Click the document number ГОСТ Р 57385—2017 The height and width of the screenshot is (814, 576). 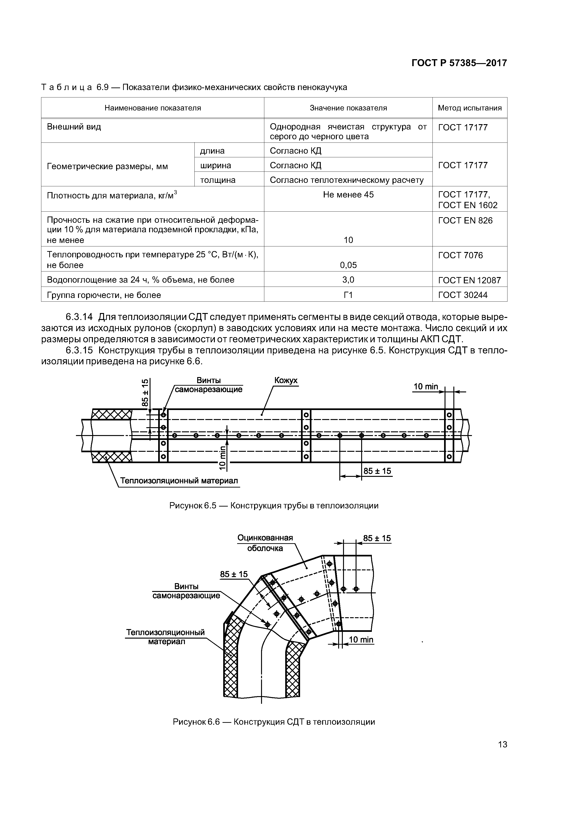tap(459, 63)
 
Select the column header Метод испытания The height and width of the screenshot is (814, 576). tap(470, 108)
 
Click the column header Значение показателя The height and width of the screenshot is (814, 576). tap(348, 108)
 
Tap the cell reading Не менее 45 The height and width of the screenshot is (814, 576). tap(348, 195)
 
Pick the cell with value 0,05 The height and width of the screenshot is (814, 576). tap(348, 265)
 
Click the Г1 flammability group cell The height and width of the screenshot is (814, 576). tap(348, 295)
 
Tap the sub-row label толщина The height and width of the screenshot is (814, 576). tap(218, 180)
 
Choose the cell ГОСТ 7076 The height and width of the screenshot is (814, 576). tap(460, 255)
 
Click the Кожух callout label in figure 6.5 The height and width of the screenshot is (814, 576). tap(286, 380)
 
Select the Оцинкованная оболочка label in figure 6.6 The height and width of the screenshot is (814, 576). tap(265, 543)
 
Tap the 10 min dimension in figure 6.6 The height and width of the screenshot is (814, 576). tap(361, 640)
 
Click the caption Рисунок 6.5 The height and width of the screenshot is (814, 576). tap(274, 506)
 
